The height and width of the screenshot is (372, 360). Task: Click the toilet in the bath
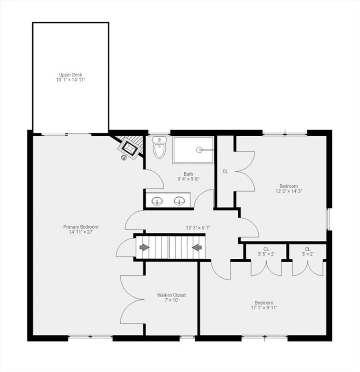coord(160,147)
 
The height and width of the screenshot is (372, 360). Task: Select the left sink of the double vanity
coord(157,201)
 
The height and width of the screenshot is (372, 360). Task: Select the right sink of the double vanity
coord(179,201)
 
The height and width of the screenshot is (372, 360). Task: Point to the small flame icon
coord(124,157)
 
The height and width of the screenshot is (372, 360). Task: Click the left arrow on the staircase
coord(144,248)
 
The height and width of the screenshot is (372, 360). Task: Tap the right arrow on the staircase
coord(197,248)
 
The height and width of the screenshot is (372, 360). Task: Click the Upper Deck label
coord(71,75)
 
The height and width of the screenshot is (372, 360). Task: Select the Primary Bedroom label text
coord(81,227)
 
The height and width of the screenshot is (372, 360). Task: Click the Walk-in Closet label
coord(171,295)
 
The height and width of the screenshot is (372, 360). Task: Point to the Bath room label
coord(188,174)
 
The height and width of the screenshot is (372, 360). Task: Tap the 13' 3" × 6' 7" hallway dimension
coord(198,228)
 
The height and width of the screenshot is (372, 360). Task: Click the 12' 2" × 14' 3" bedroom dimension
coord(289,191)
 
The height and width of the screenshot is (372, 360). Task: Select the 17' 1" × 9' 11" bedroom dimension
coord(264,308)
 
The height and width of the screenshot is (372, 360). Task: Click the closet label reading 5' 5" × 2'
coord(266,254)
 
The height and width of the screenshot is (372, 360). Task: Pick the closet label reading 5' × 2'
coord(308,254)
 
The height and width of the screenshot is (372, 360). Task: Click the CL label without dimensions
coord(225,171)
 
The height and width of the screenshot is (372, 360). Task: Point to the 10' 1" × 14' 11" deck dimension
coord(71,80)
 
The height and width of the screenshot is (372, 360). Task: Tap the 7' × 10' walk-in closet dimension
coord(171,300)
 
